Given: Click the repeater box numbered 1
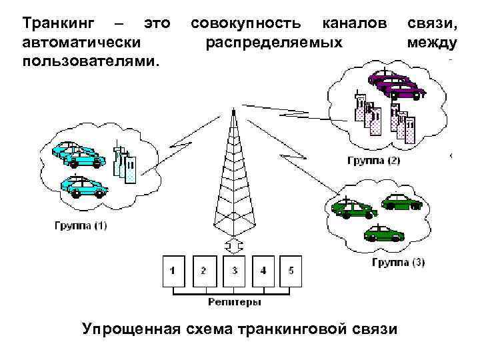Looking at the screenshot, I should point(173,271).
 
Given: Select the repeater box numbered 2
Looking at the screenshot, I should point(203,271).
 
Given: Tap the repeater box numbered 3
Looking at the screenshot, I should point(234,271).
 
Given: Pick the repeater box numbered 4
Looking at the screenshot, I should point(263,271).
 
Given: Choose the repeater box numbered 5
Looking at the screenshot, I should point(291,271).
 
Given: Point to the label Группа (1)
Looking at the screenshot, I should point(80,225).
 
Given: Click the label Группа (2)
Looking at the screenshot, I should point(374,161).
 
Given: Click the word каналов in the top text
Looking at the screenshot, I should point(354,25).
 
